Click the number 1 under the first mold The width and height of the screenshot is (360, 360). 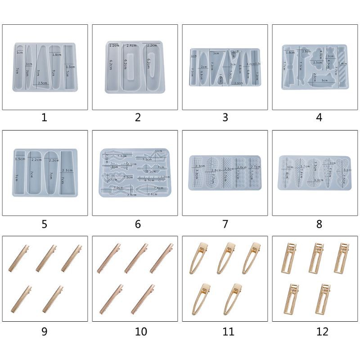(44, 118)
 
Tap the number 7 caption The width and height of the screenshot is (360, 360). (225, 224)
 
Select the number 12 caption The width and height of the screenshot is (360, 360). (322, 332)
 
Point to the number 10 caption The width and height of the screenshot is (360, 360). (140, 332)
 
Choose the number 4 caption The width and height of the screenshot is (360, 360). (319, 118)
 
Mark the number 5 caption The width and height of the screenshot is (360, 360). (44, 224)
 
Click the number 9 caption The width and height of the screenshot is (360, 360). (44, 332)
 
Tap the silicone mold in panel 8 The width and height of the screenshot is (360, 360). (315, 173)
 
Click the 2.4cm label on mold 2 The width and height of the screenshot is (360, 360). (131, 46)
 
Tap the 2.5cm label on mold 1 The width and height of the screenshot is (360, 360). (43, 83)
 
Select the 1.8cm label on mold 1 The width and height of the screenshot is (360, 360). (57, 55)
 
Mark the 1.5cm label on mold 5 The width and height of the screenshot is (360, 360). (20, 159)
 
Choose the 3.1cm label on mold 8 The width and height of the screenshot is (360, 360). (346, 170)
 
